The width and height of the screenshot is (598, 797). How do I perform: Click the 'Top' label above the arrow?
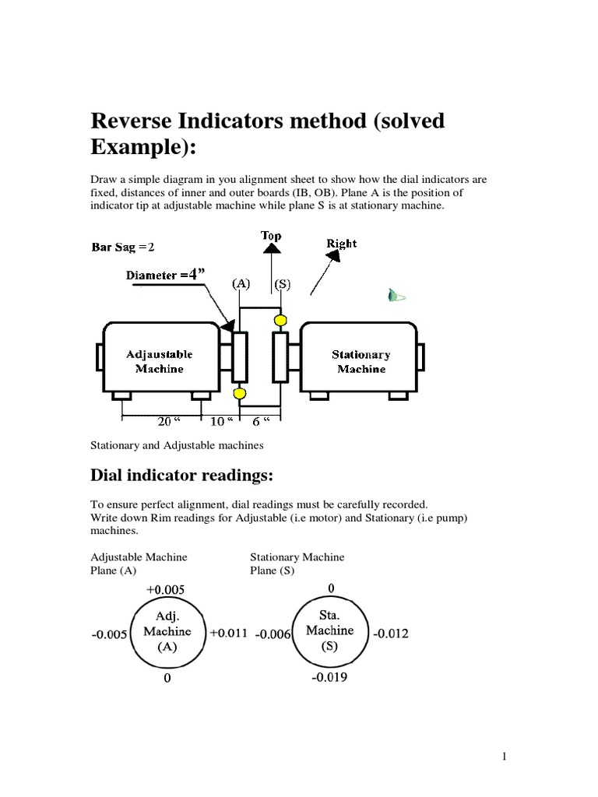click(271, 235)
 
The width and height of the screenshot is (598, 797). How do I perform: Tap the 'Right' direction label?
click(342, 244)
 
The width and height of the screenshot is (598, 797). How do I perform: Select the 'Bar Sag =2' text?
click(124, 248)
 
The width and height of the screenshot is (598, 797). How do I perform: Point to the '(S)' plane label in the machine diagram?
click(280, 284)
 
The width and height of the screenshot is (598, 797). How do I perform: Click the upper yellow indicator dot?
click(279, 319)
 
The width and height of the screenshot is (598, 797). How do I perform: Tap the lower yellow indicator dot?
click(239, 393)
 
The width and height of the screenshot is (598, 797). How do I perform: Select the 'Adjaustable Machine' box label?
click(160, 361)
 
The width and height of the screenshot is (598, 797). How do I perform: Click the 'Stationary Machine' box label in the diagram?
click(361, 361)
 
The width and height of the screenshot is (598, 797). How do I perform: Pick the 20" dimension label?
click(165, 421)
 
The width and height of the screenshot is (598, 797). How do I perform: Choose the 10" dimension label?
click(221, 421)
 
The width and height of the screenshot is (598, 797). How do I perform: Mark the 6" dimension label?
click(261, 421)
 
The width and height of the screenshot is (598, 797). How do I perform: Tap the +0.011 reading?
click(228, 633)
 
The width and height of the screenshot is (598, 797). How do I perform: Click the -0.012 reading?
click(390, 634)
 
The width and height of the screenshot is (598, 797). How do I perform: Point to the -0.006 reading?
click(273, 634)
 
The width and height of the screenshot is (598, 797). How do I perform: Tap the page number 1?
click(505, 756)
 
